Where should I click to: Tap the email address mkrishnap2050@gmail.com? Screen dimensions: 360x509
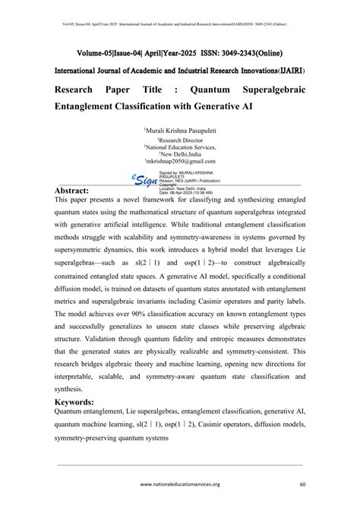tap(181, 163)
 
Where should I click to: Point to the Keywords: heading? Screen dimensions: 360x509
tap(82, 402)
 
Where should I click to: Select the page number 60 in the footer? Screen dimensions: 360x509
tap(302, 484)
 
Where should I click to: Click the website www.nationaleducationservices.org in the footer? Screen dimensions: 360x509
tap(180, 484)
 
